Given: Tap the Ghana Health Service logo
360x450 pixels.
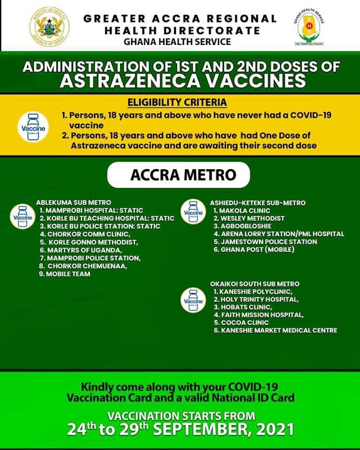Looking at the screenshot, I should pyautogui.click(x=310, y=27).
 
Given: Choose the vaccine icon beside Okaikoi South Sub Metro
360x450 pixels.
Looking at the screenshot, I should pyautogui.click(x=194, y=300).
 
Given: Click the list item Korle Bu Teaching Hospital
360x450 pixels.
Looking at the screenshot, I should pyautogui.click(x=107, y=218).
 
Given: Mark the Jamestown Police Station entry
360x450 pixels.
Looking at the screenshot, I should pyautogui.click(x=265, y=242).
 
